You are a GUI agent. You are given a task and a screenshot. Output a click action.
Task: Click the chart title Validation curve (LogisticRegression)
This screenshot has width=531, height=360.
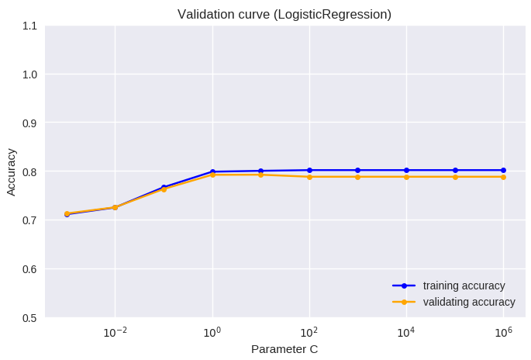(284, 14)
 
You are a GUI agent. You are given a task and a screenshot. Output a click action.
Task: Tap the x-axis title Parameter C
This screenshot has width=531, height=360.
(284, 349)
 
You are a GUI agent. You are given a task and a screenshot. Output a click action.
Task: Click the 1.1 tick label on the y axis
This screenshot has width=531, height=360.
(29, 26)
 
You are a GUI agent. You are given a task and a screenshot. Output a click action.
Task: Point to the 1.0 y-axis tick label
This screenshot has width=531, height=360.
(29, 74)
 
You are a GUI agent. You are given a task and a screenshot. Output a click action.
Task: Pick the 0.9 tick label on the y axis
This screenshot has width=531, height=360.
(29, 123)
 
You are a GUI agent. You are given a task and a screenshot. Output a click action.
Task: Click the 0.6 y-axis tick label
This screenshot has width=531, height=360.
(29, 269)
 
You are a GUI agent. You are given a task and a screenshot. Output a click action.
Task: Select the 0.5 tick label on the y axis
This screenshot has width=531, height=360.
(29, 317)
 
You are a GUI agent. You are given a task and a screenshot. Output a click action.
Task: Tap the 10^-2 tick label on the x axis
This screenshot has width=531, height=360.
(115, 332)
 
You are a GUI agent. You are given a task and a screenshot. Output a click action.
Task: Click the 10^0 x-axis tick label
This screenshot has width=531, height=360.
(212, 332)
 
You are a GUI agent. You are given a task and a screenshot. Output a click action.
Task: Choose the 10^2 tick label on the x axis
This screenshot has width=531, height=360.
(309, 332)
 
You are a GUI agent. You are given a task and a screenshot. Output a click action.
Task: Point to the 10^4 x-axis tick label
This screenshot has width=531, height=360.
(406, 332)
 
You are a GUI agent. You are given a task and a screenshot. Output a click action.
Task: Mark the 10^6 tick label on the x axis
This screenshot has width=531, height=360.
(503, 332)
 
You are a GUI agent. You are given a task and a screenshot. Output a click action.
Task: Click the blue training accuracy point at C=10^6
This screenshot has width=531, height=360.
(503, 170)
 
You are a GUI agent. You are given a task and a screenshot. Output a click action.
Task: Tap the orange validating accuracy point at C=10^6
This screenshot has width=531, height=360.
(503, 177)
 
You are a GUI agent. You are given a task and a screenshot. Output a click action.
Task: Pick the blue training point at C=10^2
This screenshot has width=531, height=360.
(309, 170)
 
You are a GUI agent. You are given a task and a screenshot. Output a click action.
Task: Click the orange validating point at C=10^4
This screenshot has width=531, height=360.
(406, 177)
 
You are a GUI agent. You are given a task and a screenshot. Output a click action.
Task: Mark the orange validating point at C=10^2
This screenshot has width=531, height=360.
(309, 177)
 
